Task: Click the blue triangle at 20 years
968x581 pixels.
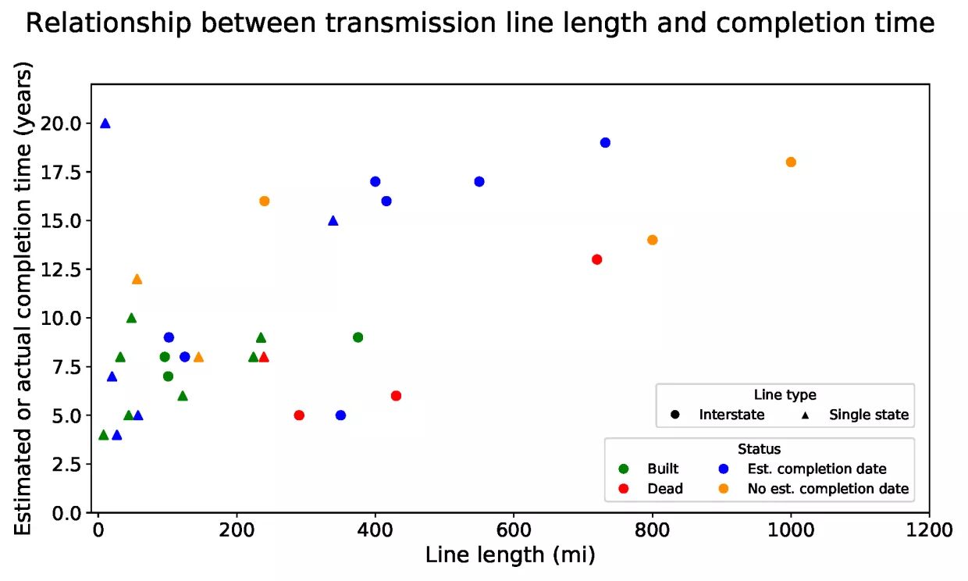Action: click(x=105, y=123)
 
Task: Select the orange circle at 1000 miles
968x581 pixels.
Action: click(x=791, y=162)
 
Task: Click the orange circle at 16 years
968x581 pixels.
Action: click(x=265, y=201)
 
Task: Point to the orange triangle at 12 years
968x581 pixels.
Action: click(x=137, y=279)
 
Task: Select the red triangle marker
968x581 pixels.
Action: click(x=264, y=357)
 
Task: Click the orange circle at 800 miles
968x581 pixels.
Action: click(x=653, y=240)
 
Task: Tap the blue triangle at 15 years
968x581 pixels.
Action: click(x=333, y=220)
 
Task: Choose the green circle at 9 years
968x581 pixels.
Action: click(x=358, y=337)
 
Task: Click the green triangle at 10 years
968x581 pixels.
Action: click(x=131, y=318)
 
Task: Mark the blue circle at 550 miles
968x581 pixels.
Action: click(x=479, y=182)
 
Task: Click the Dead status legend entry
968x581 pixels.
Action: click(x=664, y=489)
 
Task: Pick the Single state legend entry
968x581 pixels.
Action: click(x=868, y=415)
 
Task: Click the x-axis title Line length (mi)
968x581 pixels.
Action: click(x=511, y=555)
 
